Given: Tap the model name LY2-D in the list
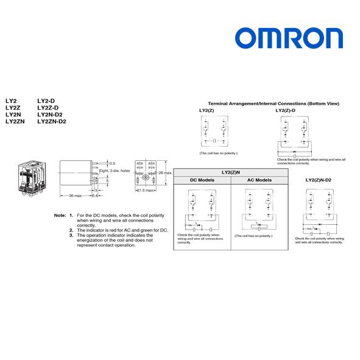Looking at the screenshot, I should point(46,100).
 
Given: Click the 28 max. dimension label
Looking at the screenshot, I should point(166,173).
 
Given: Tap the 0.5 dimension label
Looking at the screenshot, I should point(111,163).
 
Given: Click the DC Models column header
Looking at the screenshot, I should point(202,180).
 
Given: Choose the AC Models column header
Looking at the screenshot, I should point(259,180).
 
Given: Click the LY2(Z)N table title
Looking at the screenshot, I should point(231,172).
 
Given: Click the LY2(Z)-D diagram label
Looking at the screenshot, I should point(285,110).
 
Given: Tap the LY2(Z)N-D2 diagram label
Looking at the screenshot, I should point(318,180).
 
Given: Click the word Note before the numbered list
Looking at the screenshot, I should point(60,216).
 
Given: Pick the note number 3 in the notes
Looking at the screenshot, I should point(71,235).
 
